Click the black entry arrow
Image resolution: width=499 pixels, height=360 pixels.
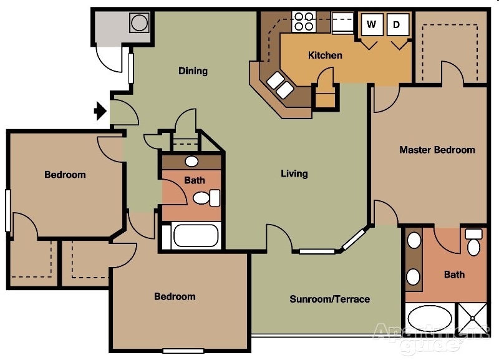click(x=99, y=111)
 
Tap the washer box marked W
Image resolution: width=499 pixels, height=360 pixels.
click(x=372, y=25)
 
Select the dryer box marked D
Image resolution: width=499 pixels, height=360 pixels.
click(x=397, y=25)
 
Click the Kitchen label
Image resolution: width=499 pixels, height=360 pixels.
click(x=325, y=55)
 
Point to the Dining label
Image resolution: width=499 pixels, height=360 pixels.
click(x=193, y=71)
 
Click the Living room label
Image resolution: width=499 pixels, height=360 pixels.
click(x=294, y=173)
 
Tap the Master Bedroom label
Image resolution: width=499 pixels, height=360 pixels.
click(x=437, y=150)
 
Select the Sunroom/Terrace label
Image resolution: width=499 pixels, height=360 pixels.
click(x=329, y=299)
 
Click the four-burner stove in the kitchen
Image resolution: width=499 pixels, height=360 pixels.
click(x=303, y=21)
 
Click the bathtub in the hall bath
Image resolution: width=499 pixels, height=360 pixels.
click(x=195, y=236)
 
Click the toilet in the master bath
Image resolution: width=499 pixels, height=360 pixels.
click(x=474, y=243)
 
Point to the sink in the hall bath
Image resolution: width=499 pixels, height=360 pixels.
click(x=191, y=162)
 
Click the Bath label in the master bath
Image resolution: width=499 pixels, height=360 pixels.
click(x=454, y=275)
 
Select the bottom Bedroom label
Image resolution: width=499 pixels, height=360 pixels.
click(x=175, y=296)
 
